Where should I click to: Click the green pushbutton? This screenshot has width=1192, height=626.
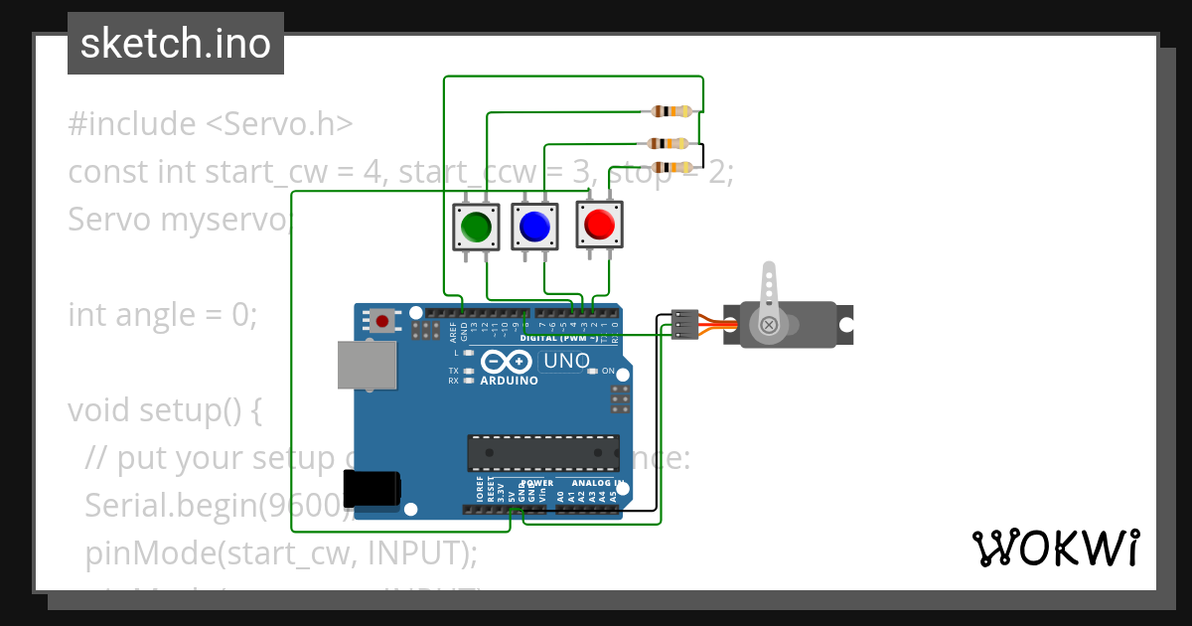pos(477,227)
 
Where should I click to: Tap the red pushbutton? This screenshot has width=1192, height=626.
pos(599,225)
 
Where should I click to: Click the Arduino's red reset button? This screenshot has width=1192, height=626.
pos(382,320)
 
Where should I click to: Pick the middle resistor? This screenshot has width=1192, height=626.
pos(668,144)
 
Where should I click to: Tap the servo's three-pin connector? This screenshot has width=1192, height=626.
pos(683,325)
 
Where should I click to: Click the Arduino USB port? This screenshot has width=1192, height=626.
pos(366,365)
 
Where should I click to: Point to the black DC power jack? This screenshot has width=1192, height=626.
pos(372,488)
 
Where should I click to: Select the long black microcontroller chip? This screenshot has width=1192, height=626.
pos(543,452)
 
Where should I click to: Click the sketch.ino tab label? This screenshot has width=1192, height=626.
pos(176,44)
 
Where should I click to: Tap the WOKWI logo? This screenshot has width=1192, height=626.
pos(1055,548)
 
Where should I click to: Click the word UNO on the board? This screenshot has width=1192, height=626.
pos(567,361)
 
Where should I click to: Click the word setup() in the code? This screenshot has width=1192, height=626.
pos(213,409)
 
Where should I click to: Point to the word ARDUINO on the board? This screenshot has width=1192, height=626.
pos(509,381)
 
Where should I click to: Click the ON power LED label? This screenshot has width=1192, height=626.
pos(608,371)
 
